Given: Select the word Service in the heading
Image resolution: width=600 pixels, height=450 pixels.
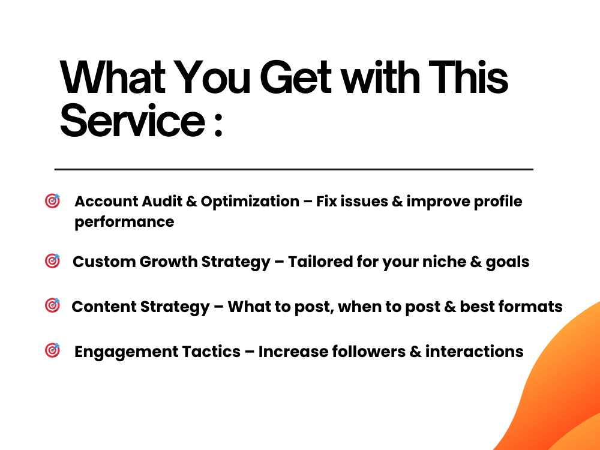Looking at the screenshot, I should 131,121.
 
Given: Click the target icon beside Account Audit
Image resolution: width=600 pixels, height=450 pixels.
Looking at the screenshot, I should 53,201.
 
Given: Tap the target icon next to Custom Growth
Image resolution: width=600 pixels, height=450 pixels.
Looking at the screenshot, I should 53,261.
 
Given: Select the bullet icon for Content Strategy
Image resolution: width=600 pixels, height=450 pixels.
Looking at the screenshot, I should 53,305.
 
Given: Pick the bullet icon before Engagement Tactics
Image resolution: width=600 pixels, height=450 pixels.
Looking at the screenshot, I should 53,350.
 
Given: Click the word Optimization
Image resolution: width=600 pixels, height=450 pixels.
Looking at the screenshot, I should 250,202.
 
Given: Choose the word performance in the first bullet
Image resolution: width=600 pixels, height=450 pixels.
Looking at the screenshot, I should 124,222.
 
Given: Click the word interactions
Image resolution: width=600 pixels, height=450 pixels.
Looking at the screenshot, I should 475,351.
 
